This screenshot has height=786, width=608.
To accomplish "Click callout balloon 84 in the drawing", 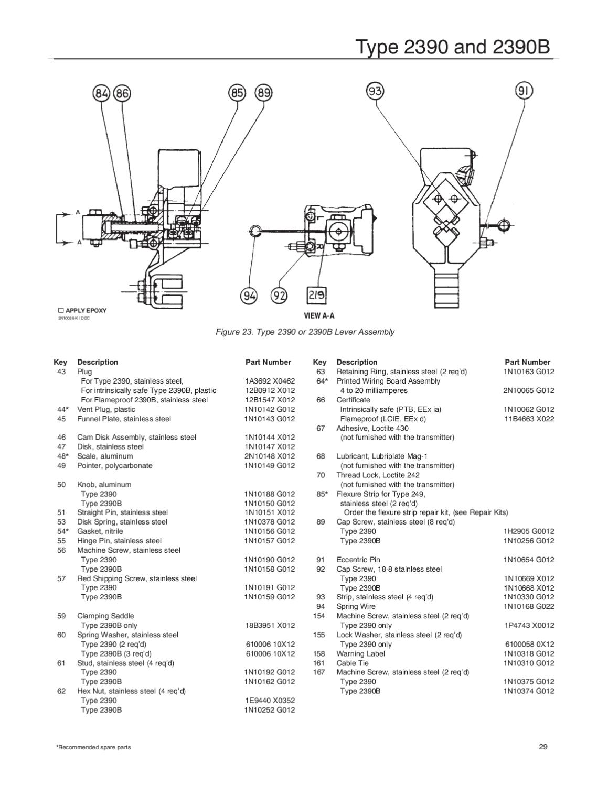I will (x=101, y=94).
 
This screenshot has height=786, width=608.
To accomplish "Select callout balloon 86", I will (x=122, y=94).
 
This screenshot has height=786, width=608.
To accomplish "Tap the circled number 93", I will (x=375, y=91).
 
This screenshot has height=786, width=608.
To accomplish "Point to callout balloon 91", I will (x=524, y=91).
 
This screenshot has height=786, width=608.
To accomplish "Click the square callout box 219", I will (x=316, y=296).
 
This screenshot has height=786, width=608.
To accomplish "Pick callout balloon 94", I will (x=249, y=296).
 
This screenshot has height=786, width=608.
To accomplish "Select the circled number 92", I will (x=279, y=296).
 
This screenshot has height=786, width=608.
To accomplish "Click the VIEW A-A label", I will (x=319, y=315).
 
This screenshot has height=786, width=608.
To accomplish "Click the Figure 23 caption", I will (x=305, y=332).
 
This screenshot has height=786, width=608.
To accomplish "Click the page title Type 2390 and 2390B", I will (x=453, y=47).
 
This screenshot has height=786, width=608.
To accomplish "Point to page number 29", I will (x=543, y=747).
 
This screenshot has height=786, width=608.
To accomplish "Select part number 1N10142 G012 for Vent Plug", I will (x=270, y=409).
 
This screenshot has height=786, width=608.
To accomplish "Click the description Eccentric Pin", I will (x=358, y=560).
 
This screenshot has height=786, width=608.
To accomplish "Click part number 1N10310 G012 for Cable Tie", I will (x=529, y=663).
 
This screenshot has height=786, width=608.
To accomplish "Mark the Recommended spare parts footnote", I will (x=93, y=747).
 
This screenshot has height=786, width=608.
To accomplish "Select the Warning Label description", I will (x=360, y=653).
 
